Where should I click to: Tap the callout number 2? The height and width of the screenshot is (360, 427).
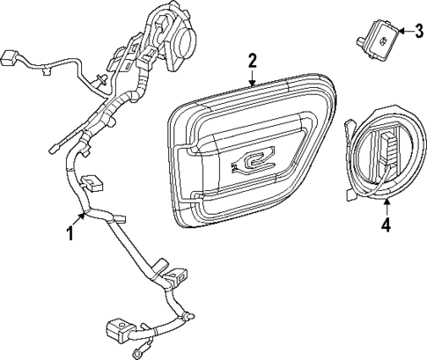tap(253, 61)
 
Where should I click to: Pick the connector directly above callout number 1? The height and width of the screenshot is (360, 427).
tap(92, 184)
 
